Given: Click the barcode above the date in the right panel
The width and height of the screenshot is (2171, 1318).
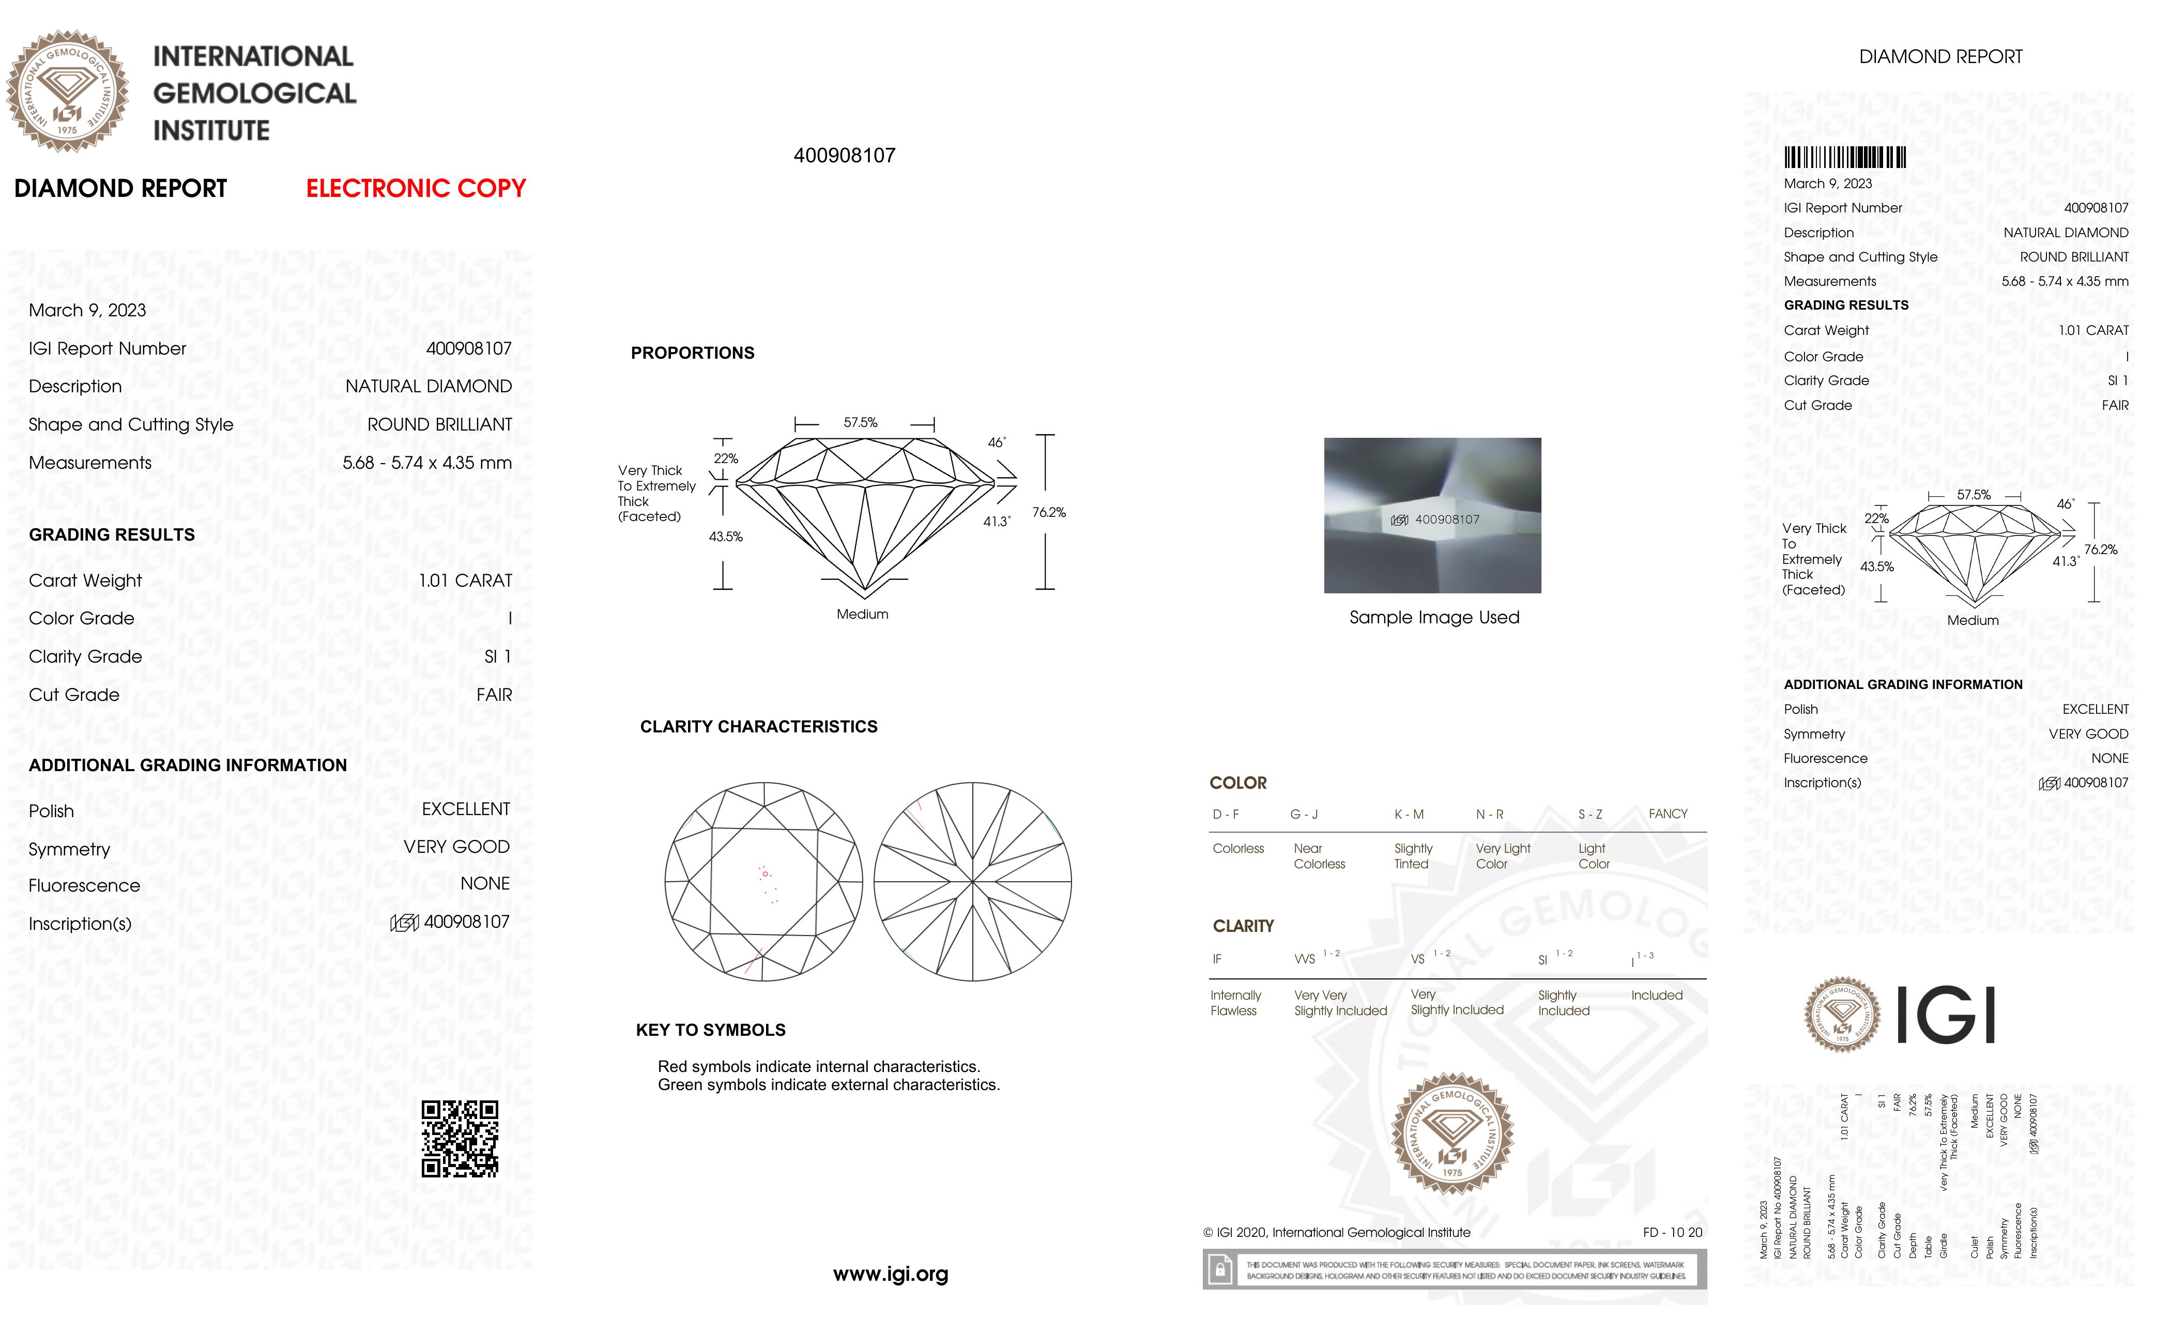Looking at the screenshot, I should (1844, 158).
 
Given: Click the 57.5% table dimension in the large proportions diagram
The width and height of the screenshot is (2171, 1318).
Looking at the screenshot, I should (860, 423).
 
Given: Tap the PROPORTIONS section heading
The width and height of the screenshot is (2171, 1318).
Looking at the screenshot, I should (693, 354).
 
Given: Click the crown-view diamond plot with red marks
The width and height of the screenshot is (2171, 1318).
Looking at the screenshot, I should (763, 881).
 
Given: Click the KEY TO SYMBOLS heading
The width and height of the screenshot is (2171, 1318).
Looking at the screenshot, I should (710, 1030).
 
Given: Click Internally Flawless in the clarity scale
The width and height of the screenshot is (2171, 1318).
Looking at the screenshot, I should (1235, 1003).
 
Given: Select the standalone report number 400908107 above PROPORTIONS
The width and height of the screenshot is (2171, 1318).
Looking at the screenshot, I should (844, 156).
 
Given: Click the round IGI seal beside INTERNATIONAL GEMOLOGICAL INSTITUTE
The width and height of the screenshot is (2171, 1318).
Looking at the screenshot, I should (68, 91).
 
